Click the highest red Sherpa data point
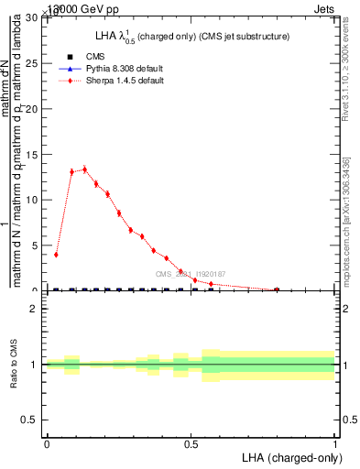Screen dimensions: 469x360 coord(84,169)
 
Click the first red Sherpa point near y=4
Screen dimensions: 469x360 coord(56,255)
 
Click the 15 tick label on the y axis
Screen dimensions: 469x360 coord(34,155)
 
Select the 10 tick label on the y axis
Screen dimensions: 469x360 coord(34,200)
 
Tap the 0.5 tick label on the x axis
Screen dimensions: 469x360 coord(191,442)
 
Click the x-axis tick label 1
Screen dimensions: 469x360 coord(334,442)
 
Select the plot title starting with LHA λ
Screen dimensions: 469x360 coord(183,37)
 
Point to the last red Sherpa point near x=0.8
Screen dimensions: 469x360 coord(277,289)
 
